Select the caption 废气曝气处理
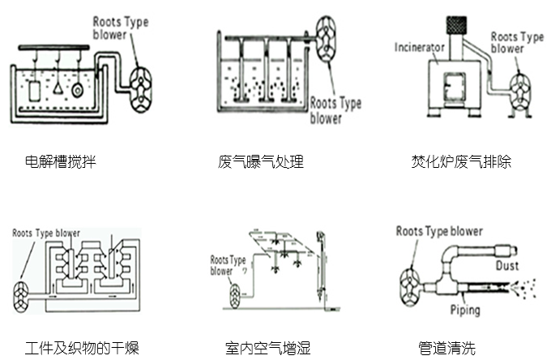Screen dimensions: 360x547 point(261,161)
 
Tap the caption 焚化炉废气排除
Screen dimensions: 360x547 point(461,161)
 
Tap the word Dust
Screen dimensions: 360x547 point(506,265)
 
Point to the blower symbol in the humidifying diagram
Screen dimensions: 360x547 point(237,294)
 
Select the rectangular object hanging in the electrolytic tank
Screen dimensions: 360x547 point(33,90)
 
